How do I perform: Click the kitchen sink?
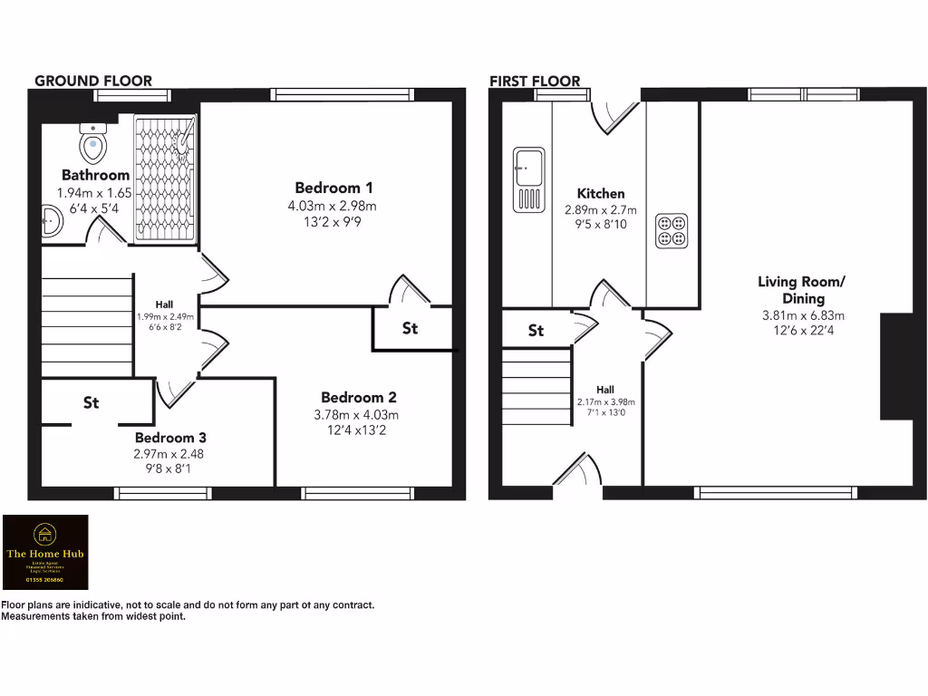(x=527, y=179)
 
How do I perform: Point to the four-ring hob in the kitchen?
(x=672, y=230)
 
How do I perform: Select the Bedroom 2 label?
(x=358, y=397)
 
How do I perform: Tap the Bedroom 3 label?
(x=171, y=437)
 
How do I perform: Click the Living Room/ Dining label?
(x=801, y=290)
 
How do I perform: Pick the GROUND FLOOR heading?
(x=93, y=81)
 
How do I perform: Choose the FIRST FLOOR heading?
(x=535, y=81)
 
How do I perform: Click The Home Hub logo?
(x=46, y=553)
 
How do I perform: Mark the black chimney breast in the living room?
(x=895, y=366)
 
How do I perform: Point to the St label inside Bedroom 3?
(x=91, y=402)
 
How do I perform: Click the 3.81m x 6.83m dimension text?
(x=802, y=316)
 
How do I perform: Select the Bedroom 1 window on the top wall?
(x=330, y=94)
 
